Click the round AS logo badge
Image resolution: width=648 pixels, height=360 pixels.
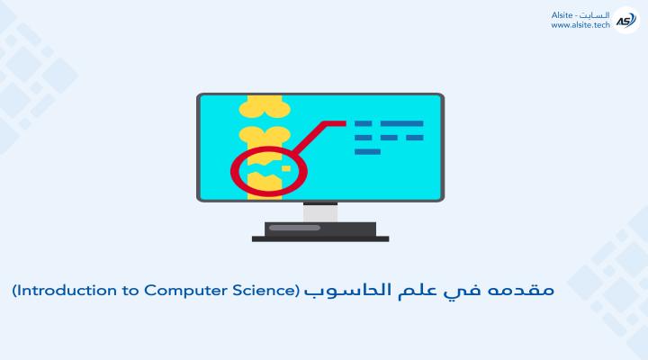coord(626,20)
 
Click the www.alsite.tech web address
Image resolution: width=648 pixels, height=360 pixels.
coord(580,25)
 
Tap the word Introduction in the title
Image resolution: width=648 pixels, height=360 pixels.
coord(66,291)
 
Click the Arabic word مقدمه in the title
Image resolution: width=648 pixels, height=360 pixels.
coord(520,290)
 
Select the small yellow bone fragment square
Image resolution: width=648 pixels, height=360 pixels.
coord(286,168)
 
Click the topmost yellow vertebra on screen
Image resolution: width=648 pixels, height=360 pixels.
coord(265,105)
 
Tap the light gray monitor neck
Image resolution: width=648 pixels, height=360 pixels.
coord(320,213)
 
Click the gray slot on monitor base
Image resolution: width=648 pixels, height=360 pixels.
coord(294,228)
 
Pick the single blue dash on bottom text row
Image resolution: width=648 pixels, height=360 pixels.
coord(367,152)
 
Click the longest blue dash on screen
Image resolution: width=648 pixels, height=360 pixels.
coord(401,123)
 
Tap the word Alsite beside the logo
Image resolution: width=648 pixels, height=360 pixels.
coord(562,15)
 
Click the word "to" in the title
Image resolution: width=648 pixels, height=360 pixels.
coord(130,291)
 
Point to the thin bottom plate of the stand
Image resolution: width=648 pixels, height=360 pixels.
coord(320,238)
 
